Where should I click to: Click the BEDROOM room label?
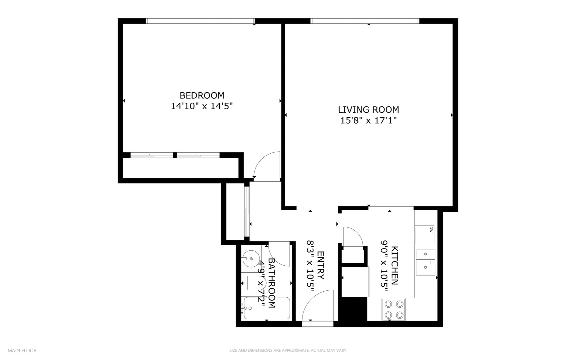click(202, 96)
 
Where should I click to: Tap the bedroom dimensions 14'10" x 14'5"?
click(202, 106)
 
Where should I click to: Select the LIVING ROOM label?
click(368, 110)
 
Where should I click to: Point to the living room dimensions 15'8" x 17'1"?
click(368, 120)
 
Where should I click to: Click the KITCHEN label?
click(395, 265)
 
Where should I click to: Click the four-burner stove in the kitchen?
click(394, 309)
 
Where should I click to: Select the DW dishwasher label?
click(431, 229)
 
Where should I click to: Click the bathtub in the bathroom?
click(267, 308)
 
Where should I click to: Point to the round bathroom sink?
click(251, 258)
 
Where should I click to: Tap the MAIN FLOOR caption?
click(22, 350)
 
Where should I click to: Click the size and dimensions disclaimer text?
click(288, 350)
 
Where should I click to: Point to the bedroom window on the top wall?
click(200, 21)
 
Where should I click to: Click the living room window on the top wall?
click(365, 21)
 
